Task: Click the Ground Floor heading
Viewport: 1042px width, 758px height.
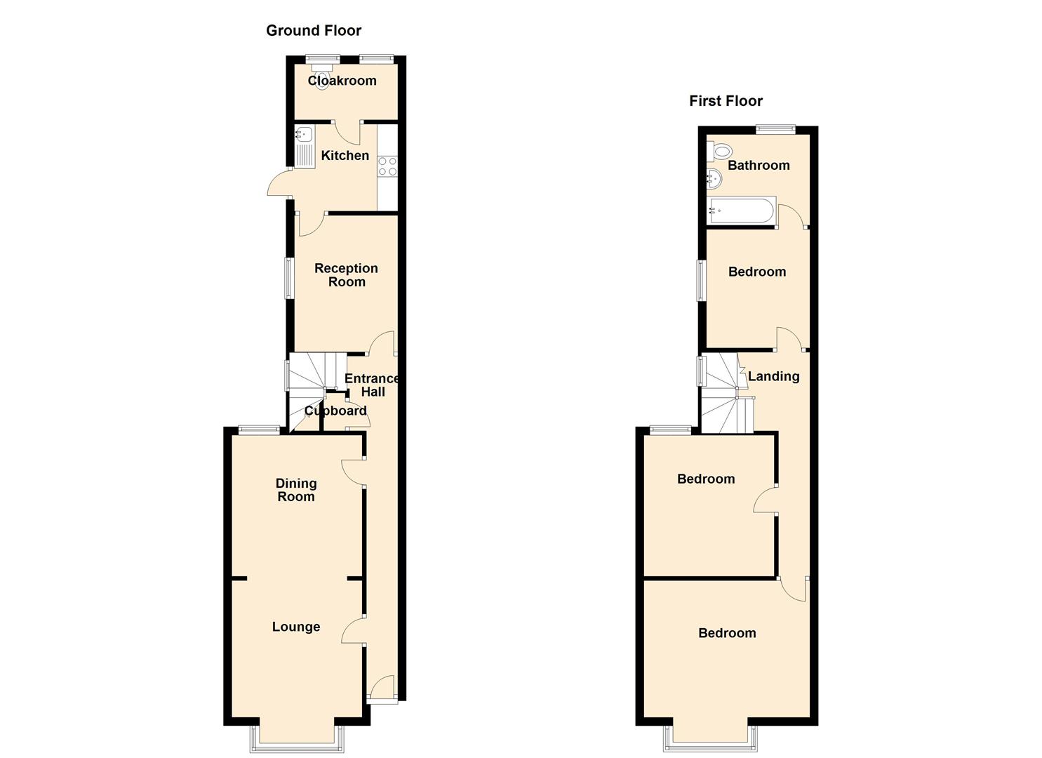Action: click(314, 31)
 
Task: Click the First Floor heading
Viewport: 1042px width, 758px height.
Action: click(726, 101)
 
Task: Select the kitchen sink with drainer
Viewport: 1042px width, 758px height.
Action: click(305, 147)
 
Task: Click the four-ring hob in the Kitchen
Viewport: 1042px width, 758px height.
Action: click(387, 166)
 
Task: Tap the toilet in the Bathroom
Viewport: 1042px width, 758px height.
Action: click(719, 151)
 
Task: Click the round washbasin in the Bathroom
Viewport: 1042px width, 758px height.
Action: click(714, 179)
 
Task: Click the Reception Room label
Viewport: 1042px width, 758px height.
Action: click(346, 275)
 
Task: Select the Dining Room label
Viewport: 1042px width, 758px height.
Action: click(296, 490)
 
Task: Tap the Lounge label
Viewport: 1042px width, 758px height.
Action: click(296, 627)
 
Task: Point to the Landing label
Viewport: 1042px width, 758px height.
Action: click(773, 376)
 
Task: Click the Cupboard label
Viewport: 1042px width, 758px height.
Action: click(335, 411)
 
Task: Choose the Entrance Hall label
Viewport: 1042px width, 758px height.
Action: click(372, 385)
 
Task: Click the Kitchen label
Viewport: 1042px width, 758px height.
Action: click(345, 155)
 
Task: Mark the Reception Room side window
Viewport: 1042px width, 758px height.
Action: click(289, 278)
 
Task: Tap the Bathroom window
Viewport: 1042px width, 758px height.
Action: click(775, 130)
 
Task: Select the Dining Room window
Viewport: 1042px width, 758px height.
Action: click(259, 430)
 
